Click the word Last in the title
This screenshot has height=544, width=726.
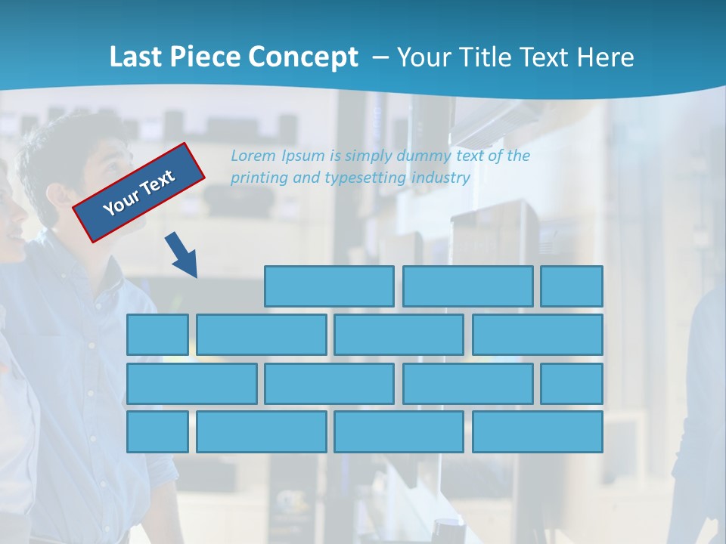[136, 57]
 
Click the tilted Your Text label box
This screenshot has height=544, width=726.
[139, 193]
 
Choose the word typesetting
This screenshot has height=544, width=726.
[366, 178]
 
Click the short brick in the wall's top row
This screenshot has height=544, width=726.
[572, 286]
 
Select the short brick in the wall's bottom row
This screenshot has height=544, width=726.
[157, 432]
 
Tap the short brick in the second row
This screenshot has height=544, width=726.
[157, 335]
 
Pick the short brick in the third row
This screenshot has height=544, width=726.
[572, 384]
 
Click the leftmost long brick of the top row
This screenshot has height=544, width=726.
[329, 286]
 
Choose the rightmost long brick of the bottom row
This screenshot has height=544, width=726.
[538, 432]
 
